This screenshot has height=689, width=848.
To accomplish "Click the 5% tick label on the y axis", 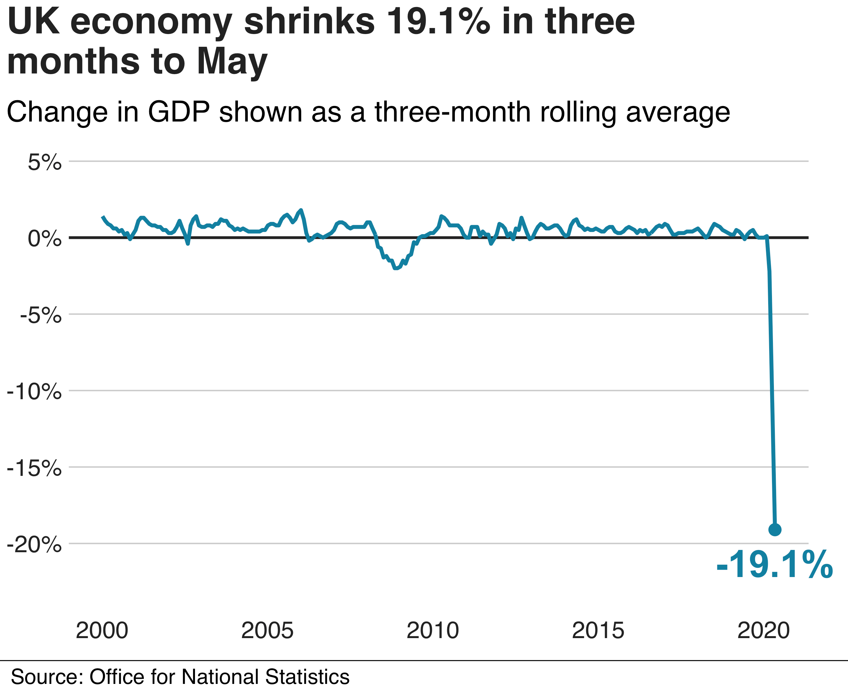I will click(45, 163).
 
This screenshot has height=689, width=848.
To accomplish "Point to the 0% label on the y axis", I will click(45, 239).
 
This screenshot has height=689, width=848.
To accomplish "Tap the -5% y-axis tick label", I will click(40, 316).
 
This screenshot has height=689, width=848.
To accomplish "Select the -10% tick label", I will click(35, 393).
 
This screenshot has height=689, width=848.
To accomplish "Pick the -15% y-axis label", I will click(35, 469).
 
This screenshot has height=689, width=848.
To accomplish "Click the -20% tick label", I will click(35, 545).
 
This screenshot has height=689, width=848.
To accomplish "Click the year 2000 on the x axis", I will click(102, 631).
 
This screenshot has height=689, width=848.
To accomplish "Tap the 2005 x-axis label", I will click(267, 631).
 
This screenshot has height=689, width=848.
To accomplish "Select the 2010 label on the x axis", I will click(433, 631).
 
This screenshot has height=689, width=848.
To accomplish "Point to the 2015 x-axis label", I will click(598, 631).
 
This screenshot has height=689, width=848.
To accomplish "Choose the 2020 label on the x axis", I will click(763, 631).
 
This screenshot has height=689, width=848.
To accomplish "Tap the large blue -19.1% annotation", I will click(774, 565).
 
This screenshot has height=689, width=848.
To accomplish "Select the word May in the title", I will click(232, 61).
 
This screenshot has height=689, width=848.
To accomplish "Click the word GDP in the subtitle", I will click(178, 112).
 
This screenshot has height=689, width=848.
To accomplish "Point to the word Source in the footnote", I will click(47, 677).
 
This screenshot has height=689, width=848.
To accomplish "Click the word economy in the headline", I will click(151, 23).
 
